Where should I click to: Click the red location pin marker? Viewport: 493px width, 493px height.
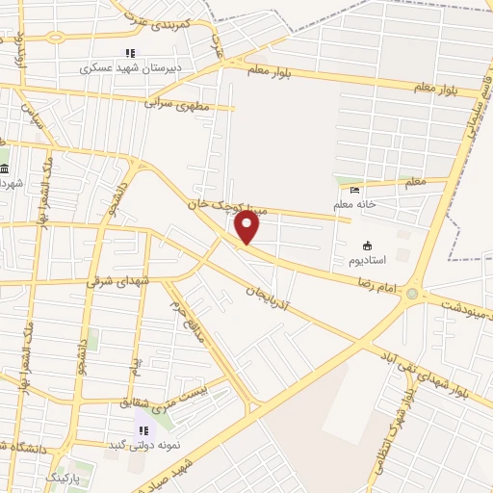[247, 226]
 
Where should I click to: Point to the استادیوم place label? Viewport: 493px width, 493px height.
[368, 261]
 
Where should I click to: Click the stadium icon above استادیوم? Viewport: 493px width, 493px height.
[367, 245]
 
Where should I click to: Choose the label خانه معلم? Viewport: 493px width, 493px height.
[382, 203]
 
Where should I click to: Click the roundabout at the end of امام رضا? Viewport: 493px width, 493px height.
[413, 294]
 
